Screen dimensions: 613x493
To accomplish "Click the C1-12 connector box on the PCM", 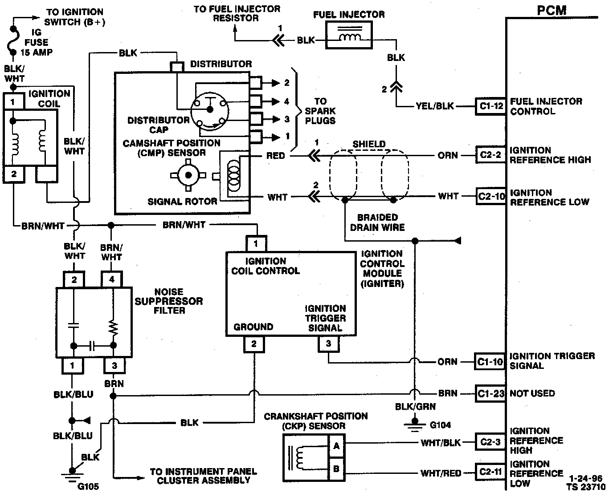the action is (x=490, y=106).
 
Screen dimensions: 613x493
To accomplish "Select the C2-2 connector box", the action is (x=490, y=155).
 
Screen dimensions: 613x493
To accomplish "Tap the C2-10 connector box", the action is (x=491, y=196).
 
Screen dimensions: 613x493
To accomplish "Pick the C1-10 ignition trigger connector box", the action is (x=490, y=362).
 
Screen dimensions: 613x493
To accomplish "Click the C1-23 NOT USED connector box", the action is (x=490, y=393).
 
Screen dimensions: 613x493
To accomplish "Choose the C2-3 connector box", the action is (x=490, y=442).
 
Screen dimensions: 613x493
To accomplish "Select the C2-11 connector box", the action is (x=490, y=472).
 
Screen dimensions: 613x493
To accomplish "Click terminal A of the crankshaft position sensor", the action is (x=337, y=446).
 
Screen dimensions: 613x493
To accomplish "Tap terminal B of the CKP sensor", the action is (x=337, y=469).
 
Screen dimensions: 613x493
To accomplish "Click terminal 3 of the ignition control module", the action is (x=328, y=344).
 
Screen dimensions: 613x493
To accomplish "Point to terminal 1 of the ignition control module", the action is (x=256, y=244).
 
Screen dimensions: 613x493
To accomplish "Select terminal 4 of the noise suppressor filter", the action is (x=112, y=279).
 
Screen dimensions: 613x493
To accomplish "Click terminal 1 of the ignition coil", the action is (x=13, y=101).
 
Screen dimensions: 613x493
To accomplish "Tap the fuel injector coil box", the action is (x=349, y=35).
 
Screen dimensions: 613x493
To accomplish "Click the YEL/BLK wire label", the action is (x=434, y=106).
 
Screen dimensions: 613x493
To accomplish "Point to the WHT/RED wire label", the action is (x=441, y=473).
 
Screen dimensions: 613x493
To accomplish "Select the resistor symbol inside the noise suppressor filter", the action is (x=113, y=328).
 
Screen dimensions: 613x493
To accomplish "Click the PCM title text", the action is (x=552, y=11).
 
